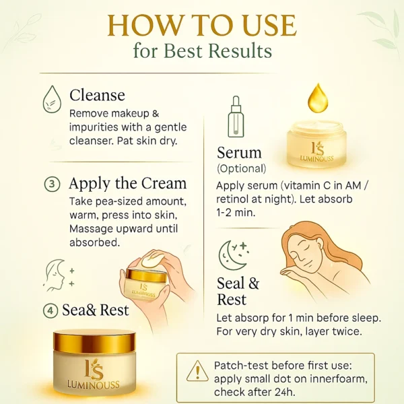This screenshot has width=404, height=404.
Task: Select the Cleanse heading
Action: [x=97, y=95]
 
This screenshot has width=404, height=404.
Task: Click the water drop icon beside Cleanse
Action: [x=53, y=99]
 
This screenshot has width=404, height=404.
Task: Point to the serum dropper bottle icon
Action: [x=236, y=116]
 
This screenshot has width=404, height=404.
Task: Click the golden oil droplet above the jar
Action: [x=318, y=99]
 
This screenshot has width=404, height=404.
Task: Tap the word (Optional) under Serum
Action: [x=241, y=169]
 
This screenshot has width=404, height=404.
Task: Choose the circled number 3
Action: [x=52, y=184]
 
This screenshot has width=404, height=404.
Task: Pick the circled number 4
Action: [x=50, y=310]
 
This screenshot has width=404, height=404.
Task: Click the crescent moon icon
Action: [x=230, y=255]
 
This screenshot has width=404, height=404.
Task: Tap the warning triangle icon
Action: [x=197, y=371]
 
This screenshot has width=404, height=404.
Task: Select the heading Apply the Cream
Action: [x=127, y=184]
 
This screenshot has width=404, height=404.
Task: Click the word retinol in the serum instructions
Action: [x=233, y=199]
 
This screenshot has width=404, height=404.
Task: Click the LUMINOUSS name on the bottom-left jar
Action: [x=94, y=385]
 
